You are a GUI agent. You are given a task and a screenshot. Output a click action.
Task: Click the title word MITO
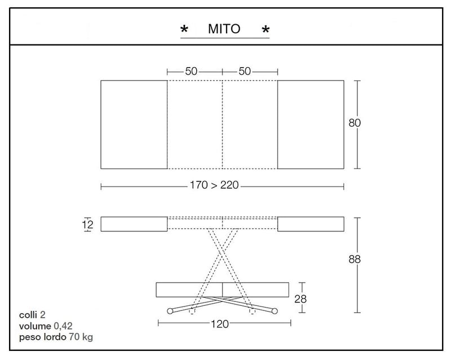tap(224, 29)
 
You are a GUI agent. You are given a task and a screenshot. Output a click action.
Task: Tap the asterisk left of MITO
tap(184, 29)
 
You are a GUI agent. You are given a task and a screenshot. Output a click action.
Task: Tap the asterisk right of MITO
tap(266, 29)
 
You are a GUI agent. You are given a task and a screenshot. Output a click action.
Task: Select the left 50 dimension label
tap(191, 71)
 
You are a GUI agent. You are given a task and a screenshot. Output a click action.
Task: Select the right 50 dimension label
tap(245, 71)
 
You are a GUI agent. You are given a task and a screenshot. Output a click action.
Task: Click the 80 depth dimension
tap(355, 123)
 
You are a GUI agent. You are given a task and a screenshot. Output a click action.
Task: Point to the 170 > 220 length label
tap(214, 185)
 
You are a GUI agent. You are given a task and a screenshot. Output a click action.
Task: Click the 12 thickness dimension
tap(88, 224)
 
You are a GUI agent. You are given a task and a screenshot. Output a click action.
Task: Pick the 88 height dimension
tap(355, 259)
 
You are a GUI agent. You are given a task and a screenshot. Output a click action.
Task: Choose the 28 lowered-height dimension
tap(300, 299)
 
